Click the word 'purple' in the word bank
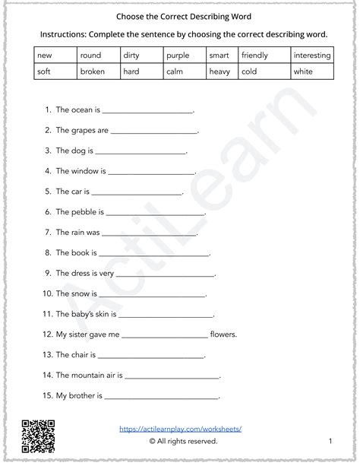(176, 55)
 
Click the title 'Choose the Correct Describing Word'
(181, 14)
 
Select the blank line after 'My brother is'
(163, 396)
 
